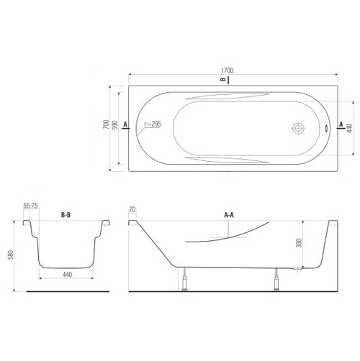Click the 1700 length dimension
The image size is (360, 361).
click(227, 70)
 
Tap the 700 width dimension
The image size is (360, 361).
click(106, 124)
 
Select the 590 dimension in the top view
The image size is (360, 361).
click(115, 125)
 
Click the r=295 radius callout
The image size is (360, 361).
click(153, 124)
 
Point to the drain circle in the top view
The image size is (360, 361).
click(298, 128)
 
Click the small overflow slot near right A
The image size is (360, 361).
click(326, 129)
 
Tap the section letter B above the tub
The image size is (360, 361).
click(223, 79)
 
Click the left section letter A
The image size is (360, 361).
click(125, 124)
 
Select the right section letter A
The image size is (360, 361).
click(341, 124)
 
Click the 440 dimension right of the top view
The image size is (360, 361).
click(349, 128)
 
